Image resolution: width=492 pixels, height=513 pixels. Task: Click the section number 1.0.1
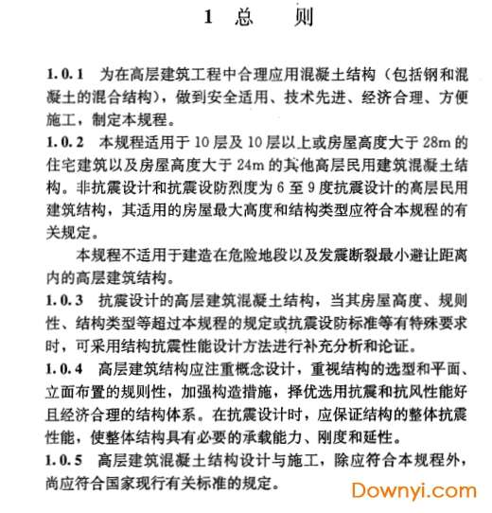66,73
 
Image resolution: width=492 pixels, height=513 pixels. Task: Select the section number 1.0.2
66,143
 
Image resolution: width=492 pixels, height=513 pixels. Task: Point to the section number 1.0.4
66,366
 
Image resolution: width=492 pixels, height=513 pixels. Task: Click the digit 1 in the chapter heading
207,18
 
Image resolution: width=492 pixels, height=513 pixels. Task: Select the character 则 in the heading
301,18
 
